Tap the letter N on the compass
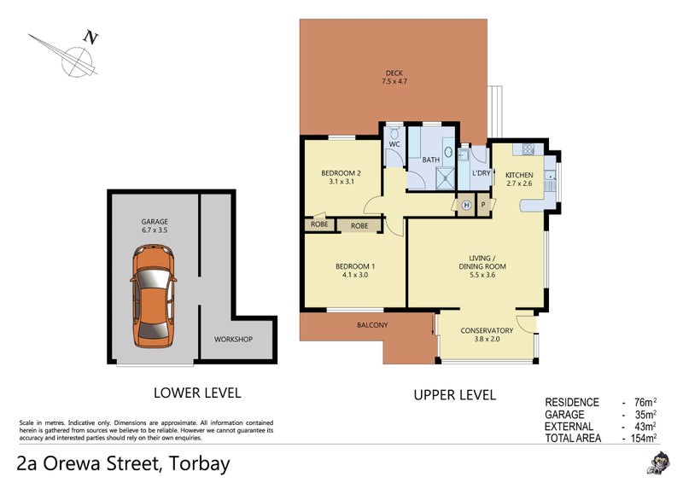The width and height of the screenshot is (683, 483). pos(89,37)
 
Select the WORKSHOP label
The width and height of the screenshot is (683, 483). pos(233,340)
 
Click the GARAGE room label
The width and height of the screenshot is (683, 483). pos(155,221)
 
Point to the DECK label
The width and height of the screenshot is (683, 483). pos(393,73)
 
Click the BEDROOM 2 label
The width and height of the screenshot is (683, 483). pos(340,174)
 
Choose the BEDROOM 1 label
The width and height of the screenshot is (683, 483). pos(355,266)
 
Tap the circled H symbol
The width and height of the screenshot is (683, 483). pos(466,206)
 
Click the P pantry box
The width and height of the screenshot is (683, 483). pos(482,206)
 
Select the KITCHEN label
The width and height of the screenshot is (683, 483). pos(519,175)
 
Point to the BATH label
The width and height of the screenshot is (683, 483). pos(430,160)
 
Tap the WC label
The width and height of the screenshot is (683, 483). pos(394,144)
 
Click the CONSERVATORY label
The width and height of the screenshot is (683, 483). pos(487,330)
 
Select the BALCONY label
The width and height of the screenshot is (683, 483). pos(371,325)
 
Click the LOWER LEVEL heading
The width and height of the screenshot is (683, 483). pos(196,393)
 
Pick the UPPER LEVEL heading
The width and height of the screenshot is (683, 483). pos(454,395)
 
